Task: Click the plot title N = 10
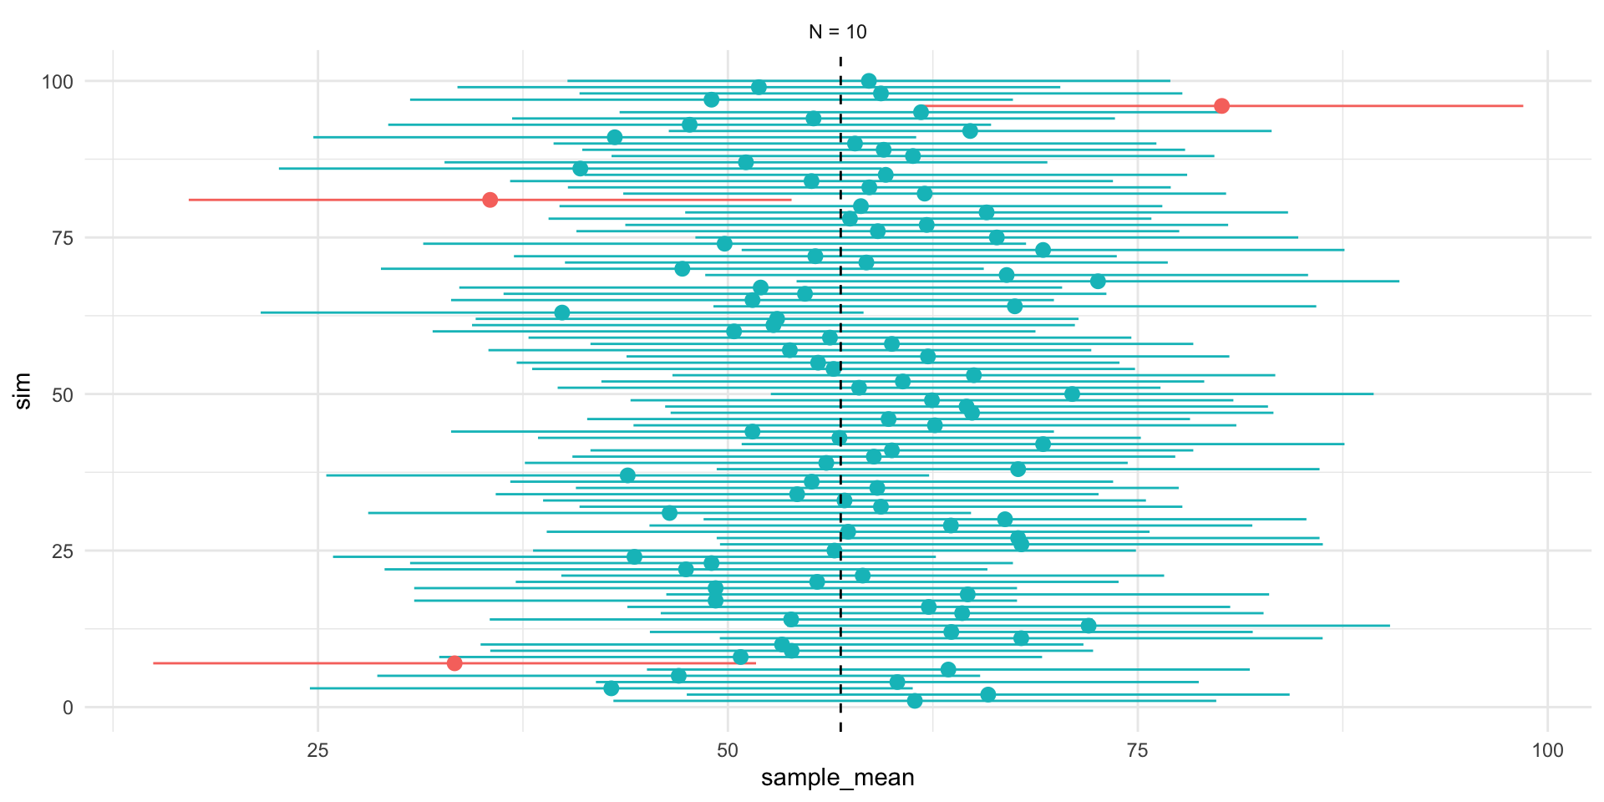tap(837, 32)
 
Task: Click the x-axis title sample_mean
tap(837, 778)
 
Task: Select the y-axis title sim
tap(23, 391)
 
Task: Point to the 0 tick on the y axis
tap(68, 708)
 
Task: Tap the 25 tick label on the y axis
tap(63, 551)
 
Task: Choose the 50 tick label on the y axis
tap(63, 394)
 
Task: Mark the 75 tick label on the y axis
tap(63, 238)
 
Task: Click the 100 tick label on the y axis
tap(58, 82)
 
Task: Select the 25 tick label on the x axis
tap(317, 750)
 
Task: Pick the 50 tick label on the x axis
tap(728, 750)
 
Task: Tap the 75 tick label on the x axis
tap(1138, 750)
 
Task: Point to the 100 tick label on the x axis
tap(1547, 750)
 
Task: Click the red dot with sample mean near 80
tap(1221, 106)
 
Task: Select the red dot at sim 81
tap(490, 200)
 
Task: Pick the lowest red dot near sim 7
tap(454, 663)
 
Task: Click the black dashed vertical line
tap(840, 418)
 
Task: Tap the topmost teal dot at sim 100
tap(869, 81)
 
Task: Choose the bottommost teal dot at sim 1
tap(915, 701)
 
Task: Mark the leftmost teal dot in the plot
tap(562, 312)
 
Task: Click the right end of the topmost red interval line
tap(1522, 106)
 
